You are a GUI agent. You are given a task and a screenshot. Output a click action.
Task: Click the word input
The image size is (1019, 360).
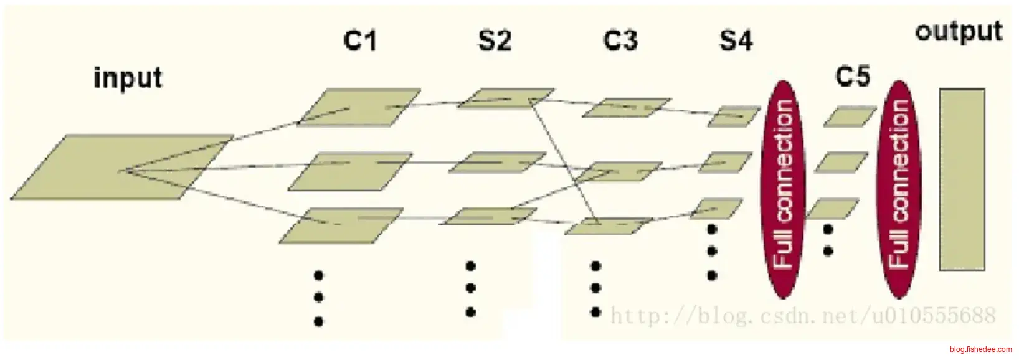(128, 79)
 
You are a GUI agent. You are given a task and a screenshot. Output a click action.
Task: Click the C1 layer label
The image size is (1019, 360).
(360, 42)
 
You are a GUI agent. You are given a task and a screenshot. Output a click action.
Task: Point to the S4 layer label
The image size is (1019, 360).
(736, 42)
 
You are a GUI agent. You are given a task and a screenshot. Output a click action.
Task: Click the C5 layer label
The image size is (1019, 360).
(853, 79)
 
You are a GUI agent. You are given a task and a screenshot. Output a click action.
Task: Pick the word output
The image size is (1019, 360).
(959, 31)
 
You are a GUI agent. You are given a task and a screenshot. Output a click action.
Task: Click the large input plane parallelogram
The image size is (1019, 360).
(122, 167)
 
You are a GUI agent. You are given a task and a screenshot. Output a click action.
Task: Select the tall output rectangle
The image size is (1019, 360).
(962, 179)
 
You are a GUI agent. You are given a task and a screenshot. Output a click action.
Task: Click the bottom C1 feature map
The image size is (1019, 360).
(341, 225)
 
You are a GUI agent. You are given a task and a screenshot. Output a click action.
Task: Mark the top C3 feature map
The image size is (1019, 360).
(627, 107)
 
